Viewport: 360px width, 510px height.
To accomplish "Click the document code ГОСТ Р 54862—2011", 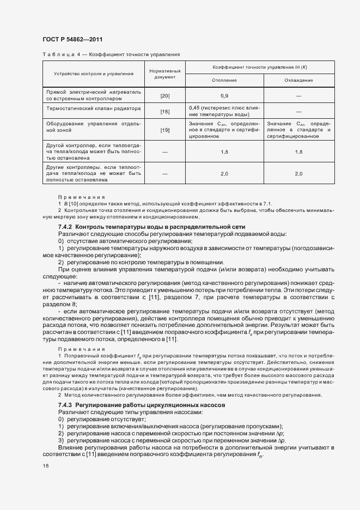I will [72, 39].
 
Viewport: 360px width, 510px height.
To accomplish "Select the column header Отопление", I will [224, 80].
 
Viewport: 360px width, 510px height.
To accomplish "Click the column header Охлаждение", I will [298, 80].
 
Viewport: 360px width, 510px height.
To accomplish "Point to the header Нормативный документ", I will [164, 74].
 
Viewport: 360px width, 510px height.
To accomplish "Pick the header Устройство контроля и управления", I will [93, 74].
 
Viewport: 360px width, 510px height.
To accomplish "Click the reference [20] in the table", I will [164, 96].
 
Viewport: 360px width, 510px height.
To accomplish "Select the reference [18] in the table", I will [164, 112].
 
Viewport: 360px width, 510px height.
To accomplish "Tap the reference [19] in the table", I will [164, 130].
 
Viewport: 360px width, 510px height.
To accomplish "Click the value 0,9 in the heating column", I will [224, 96].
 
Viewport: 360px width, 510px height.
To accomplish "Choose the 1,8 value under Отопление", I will [224, 152].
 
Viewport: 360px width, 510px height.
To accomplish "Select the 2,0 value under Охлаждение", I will [298, 173].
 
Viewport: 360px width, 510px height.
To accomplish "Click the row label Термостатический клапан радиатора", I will [94, 108].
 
